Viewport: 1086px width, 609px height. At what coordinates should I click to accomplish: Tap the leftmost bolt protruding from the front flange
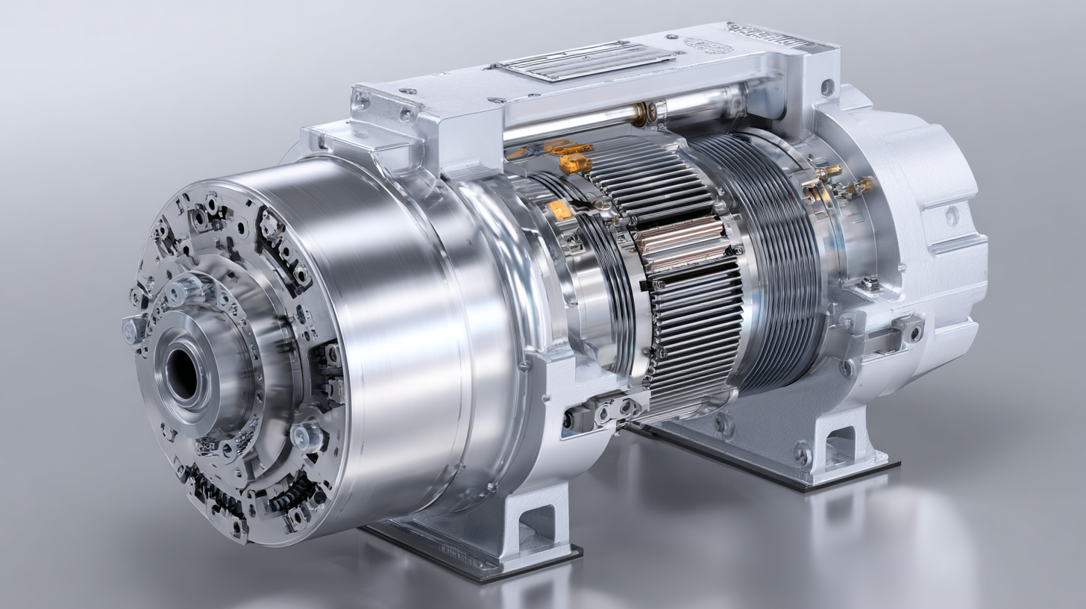[x=132, y=329]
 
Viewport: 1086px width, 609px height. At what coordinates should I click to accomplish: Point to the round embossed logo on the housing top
[x=706, y=46]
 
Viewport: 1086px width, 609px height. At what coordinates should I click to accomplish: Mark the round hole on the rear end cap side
[x=952, y=216]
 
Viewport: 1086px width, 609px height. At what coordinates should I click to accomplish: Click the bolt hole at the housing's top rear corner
[x=827, y=87]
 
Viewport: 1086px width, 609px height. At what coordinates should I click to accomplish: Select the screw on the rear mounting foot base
[x=802, y=453]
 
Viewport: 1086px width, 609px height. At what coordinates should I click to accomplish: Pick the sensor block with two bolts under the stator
[x=604, y=410]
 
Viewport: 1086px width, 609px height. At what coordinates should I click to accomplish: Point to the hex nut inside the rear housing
[x=869, y=284]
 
